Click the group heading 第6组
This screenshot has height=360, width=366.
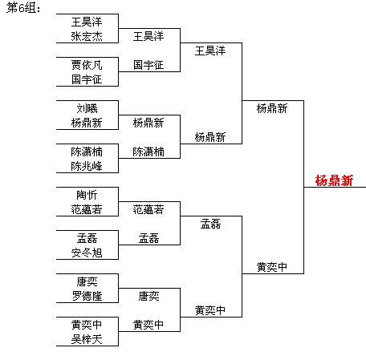[x=23, y=7]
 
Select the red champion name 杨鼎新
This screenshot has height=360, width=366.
[x=334, y=180]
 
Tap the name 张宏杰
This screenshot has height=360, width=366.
[x=87, y=36]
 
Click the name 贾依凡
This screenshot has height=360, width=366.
[x=87, y=65]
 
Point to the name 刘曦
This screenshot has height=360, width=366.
[x=87, y=108]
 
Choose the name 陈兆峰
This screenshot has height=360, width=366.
[x=87, y=166]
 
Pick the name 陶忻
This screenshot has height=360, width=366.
[x=87, y=195]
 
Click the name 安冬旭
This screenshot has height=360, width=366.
[x=87, y=253]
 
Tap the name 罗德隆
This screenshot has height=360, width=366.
[x=87, y=296]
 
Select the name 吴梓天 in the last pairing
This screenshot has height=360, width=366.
[x=87, y=339]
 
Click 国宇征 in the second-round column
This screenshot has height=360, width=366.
[x=148, y=65]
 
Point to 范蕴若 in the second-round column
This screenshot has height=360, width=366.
[x=148, y=209]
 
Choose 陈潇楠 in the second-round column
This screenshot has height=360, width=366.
[x=148, y=152]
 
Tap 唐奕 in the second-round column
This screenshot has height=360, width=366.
[x=148, y=296]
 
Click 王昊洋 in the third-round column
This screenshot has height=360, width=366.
[x=210, y=51]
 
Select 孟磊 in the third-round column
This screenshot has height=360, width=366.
[x=210, y=224]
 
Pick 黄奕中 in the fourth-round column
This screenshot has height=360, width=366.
[x=272, y=267]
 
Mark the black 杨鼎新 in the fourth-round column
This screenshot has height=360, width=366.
[x=272, y=108]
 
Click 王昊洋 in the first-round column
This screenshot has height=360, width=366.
[x=87, y=22]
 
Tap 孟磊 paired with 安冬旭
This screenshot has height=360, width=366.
[x=87, y=238]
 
